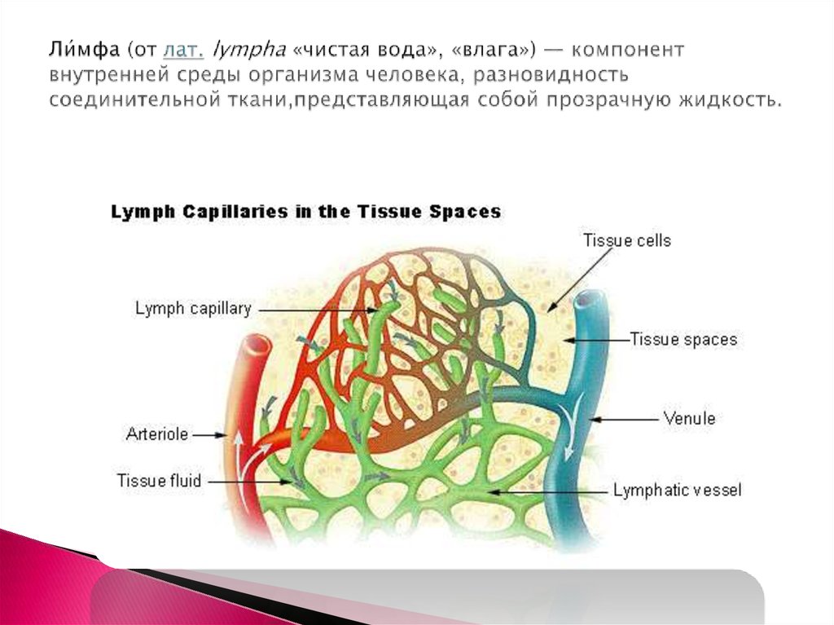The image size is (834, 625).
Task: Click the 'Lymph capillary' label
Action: coord(193,309)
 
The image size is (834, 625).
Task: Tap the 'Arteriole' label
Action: coord(157,434)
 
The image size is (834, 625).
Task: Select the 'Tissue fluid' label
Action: coord(159,481)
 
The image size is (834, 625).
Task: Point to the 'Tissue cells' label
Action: coord(627,240)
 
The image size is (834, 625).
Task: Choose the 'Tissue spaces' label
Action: coord(683,339)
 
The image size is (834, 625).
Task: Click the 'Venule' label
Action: coord(689,419)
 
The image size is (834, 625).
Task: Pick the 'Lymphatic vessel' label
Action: coord(677,491)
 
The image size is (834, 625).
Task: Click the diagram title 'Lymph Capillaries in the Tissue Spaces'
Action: coord(305,212)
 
